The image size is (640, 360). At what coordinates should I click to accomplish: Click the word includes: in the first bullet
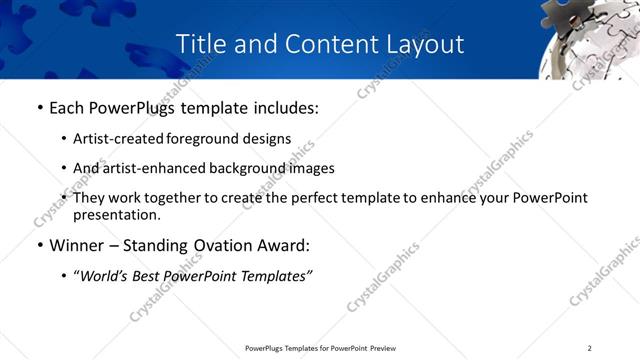[283, 108]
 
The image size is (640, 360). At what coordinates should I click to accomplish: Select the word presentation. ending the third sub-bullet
[116, 214]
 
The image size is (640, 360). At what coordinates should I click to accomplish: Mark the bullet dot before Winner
[39, 246]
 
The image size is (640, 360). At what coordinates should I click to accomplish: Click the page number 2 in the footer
[589, 348]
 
